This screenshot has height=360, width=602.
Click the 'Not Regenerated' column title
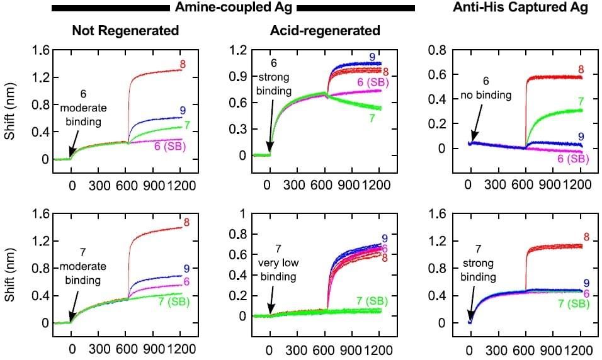(125, 30)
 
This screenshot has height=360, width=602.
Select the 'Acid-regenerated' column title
(325, 30)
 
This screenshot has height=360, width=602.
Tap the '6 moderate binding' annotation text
(82, 108)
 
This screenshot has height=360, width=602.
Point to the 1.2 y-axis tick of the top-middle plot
(239, 50)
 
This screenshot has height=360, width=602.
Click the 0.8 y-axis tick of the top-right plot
(436, 50)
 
